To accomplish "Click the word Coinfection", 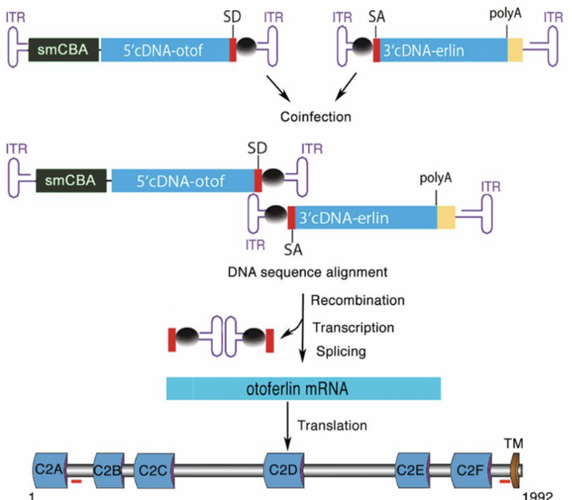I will [x=316, y=117].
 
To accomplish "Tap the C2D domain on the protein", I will [x=284, y=470].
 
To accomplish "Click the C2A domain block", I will [x=50, y=469].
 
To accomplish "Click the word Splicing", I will [x=341, y=351].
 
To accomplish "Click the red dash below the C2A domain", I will [x=77, y=483].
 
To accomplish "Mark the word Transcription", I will [x=353, y=327].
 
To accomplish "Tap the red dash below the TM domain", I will [x=505, y=483].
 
